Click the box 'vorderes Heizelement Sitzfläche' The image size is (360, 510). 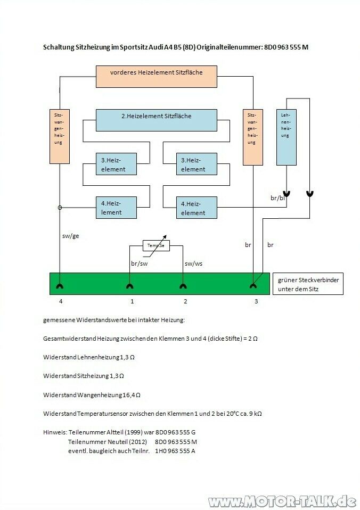click(x=156, y=76)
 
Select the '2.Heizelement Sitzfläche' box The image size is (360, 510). click(x=156, y=120)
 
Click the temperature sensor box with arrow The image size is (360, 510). click(x=157, y=245)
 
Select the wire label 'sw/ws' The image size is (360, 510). click(x=194, y=263)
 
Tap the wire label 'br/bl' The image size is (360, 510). click(x=278, y=198)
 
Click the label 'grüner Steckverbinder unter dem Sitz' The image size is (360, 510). click(x=308, y=284)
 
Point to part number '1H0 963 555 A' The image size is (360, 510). click(x=175, y=451)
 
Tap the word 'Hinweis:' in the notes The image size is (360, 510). click(x=54, y=432)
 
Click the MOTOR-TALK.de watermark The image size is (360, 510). click(x=282, y=501)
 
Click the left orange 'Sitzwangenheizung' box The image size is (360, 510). click(x=60, y=136)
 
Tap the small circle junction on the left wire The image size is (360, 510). click(x=60, y=208)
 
